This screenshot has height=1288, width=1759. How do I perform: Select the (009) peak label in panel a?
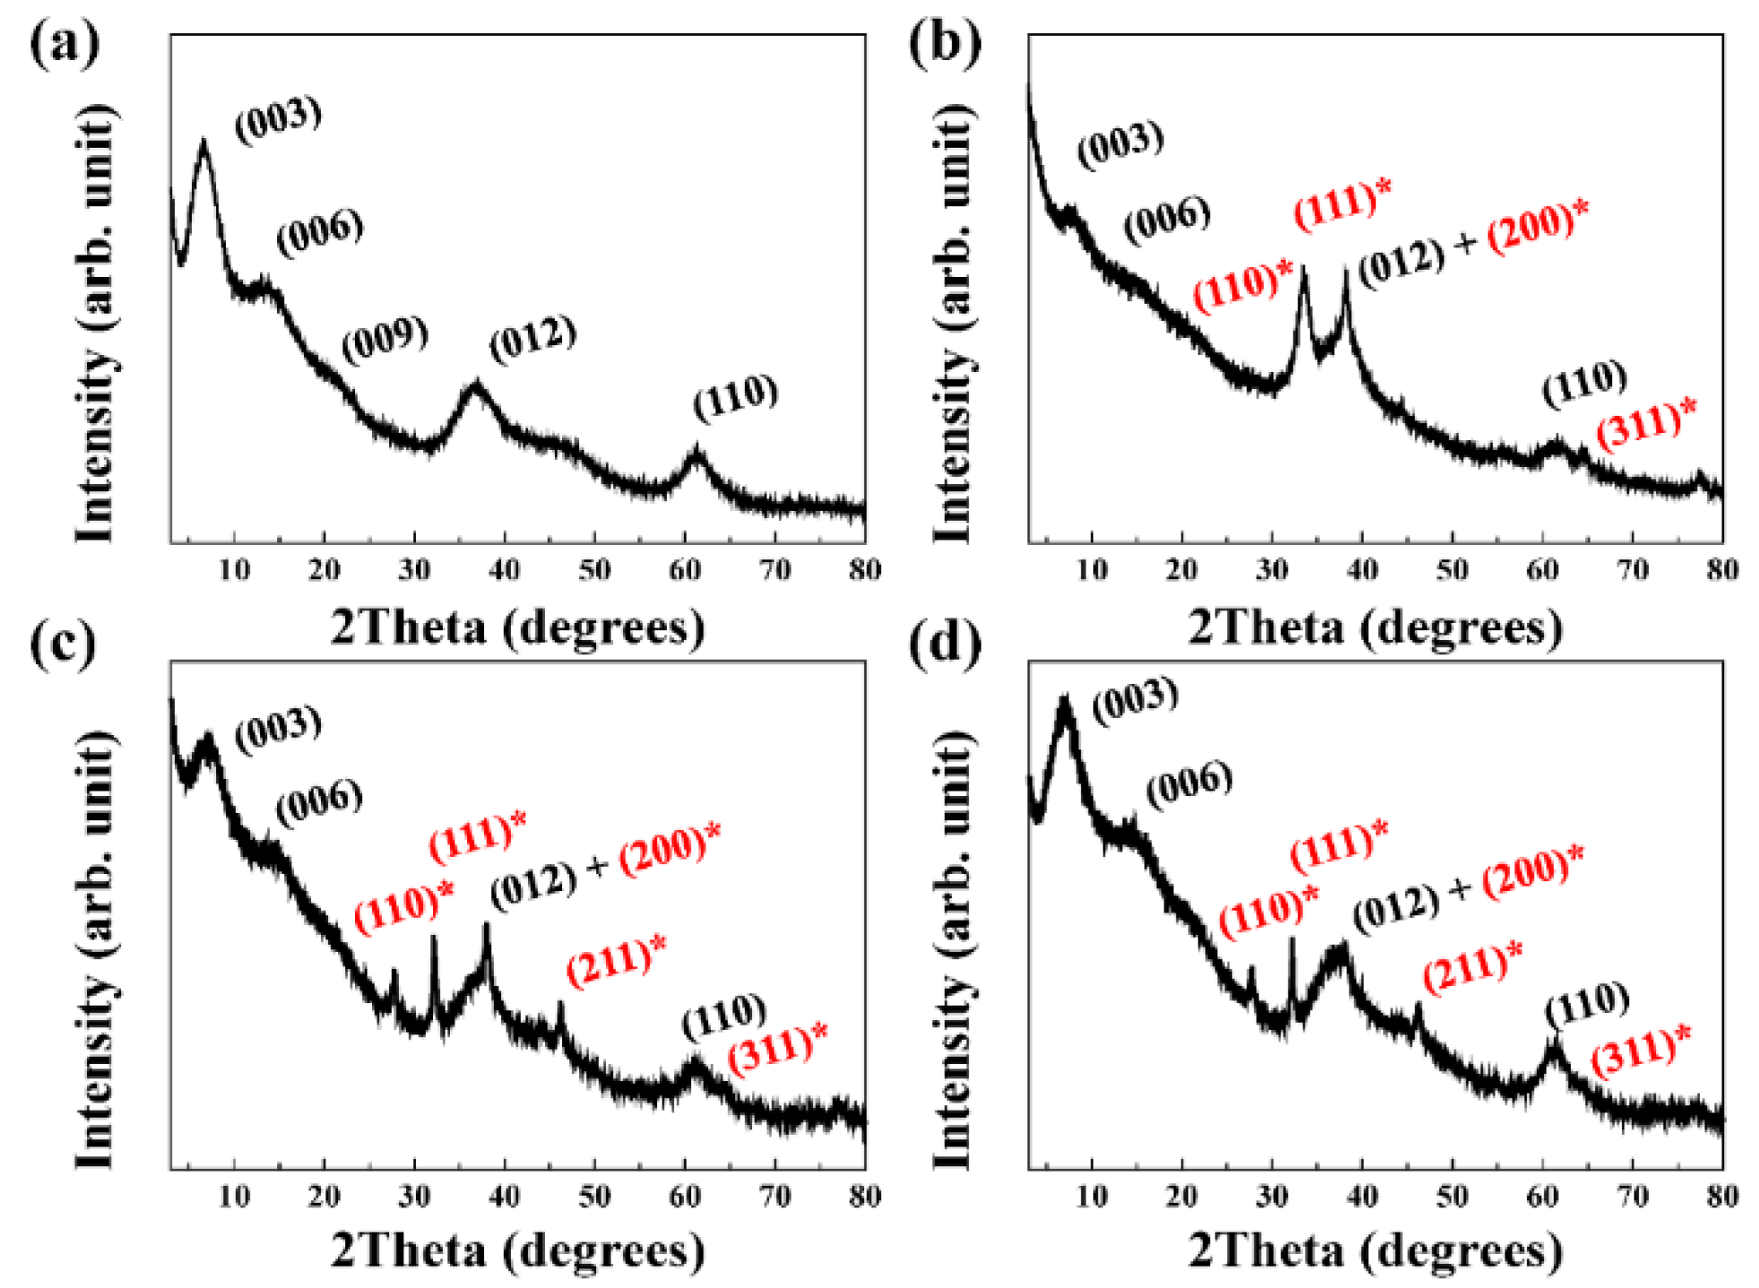385,340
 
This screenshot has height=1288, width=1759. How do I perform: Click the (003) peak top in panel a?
204,143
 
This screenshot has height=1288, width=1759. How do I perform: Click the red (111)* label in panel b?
1342,204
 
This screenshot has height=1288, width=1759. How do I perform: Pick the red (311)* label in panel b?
1646,425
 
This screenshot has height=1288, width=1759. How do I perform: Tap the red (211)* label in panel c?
616,961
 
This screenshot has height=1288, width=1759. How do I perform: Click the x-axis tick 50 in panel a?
594,570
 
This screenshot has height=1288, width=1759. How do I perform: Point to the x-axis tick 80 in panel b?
1721,570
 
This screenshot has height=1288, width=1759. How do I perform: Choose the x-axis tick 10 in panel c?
234,1197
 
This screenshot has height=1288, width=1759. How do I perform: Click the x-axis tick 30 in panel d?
1271,1197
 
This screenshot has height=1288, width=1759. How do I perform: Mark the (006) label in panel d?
1190,785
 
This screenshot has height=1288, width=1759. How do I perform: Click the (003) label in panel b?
1120,144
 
